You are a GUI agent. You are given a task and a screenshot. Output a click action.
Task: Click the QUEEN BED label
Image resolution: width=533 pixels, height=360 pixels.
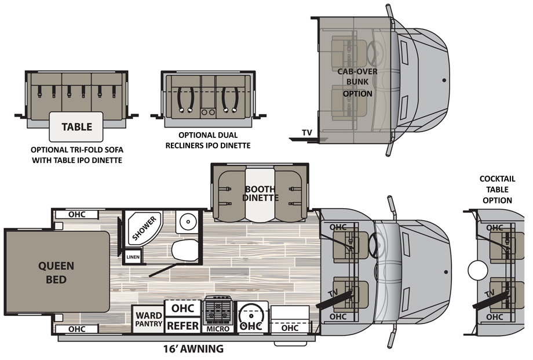point(56,272)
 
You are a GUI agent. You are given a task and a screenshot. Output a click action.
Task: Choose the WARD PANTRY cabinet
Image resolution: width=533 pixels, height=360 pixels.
point(148,319)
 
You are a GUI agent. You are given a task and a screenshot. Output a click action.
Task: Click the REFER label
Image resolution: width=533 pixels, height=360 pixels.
point(183,326)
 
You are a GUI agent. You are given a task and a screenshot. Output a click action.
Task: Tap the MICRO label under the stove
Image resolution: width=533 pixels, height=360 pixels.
point(219,329)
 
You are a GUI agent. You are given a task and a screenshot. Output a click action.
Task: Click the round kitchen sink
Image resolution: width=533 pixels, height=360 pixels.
point(251,316)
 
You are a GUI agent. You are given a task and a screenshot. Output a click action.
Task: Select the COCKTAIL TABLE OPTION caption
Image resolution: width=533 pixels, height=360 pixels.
point(495,190)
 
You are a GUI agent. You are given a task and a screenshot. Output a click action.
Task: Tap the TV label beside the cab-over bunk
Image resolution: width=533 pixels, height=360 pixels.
point(307,133)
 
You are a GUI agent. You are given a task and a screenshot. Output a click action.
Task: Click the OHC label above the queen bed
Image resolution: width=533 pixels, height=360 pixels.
point(76,214)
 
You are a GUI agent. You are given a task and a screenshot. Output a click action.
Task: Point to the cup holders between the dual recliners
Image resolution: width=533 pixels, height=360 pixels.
point(209,112)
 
